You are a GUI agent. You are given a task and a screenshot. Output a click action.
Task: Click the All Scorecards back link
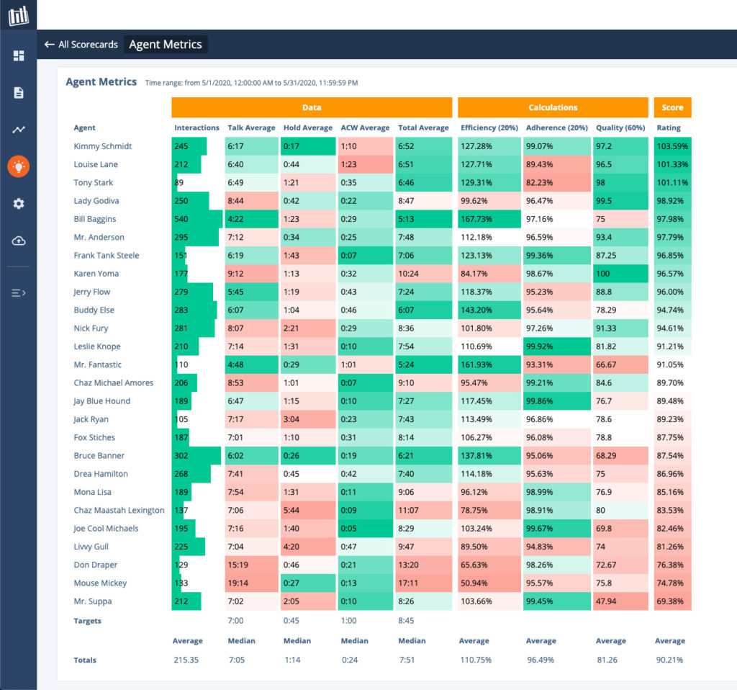(x=81, y=45)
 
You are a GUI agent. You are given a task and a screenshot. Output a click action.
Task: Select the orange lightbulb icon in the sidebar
(x=18, y=167)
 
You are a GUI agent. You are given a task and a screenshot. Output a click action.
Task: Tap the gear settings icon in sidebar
(x=18, y=204)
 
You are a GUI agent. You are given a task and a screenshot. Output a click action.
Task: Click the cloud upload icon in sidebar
(x=18, y=241)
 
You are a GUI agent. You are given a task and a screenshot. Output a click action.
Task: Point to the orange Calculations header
(x=552, y=107)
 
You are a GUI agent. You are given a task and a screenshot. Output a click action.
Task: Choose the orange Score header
(x=672, y=107)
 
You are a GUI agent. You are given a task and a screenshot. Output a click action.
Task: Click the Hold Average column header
(x=307, y=128)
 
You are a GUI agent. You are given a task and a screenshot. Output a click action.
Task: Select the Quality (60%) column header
(x=620, y=128)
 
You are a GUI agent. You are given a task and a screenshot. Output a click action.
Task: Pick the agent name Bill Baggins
(x=95, y=219)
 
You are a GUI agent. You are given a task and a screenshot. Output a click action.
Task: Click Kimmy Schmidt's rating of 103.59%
(x=672, y=146)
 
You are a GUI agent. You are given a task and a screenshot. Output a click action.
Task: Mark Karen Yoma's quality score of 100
(x=603, y=274)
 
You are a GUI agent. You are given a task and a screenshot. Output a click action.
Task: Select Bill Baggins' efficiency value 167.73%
(x=476, y=219)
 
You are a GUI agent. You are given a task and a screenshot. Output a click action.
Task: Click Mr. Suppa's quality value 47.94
(x=607, y=601)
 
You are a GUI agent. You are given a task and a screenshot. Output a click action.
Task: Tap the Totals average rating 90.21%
(x=669, y=660)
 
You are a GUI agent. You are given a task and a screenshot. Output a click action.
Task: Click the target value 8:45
(x=407, y=621)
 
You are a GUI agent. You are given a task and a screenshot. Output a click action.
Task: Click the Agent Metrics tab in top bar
(x=166, y=45)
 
